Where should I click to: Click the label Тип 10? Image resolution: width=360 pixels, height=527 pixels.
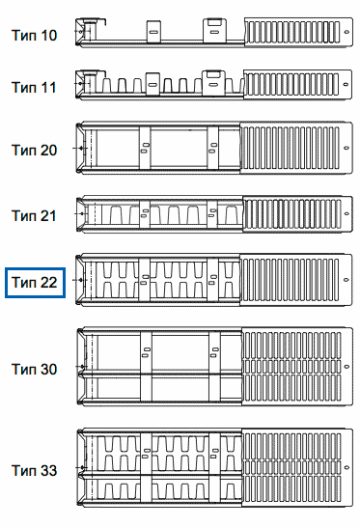[35, 36]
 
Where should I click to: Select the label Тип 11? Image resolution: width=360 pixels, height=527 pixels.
[34, 88]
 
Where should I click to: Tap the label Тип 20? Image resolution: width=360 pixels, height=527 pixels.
[35, 151]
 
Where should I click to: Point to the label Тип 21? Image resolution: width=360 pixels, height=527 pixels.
[34, 216]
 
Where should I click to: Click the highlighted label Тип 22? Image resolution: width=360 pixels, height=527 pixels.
[35, 282]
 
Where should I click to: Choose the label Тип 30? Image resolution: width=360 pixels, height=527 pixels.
[35, 369]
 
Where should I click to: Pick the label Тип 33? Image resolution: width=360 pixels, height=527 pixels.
[35, 471]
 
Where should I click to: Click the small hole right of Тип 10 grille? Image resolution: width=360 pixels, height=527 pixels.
[346, 32]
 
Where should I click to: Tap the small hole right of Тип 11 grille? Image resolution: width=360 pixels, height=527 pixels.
[346, 84]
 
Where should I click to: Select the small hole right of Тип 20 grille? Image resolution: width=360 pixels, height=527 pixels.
[346, 148]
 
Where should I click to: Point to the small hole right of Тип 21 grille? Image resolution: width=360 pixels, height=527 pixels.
[346, 213]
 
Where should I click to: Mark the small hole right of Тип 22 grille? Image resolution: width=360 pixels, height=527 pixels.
[346, 280]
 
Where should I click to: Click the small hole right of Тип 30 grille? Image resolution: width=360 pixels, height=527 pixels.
[347, 367]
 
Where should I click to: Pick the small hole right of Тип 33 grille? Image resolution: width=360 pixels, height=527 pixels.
[346, 467]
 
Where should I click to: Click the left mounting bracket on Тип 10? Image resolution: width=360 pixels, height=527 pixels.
[153, 32]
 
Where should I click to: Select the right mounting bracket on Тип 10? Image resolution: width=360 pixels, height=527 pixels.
[214, 31]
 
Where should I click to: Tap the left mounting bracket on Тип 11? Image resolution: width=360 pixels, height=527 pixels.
[152, 84]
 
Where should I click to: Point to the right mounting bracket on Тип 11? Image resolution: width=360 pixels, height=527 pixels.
[213, 83]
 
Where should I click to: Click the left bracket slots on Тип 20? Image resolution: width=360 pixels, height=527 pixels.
[145, 148]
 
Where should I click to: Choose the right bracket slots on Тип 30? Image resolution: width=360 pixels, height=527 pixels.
[214, 352]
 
